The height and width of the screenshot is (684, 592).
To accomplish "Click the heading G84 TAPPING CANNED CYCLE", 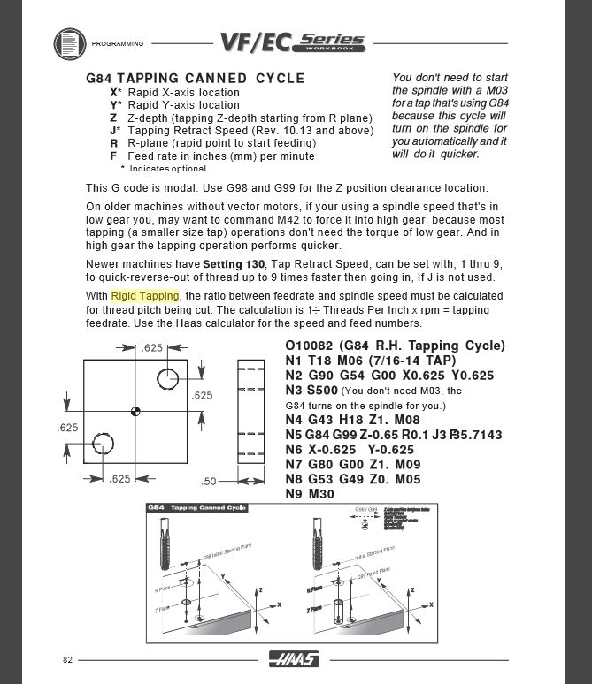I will (x=196, y=78).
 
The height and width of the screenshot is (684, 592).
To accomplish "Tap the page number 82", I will (x=67, y=660).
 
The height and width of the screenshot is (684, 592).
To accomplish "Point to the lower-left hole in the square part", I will (x=102, y=443).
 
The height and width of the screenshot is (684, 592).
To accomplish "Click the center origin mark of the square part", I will (x=135, y=410).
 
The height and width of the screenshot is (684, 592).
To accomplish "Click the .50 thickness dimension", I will (x=209, y=481).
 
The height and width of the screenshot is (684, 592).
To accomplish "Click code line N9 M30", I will (x=310, y=494).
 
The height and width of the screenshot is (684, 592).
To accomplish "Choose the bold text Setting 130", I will (x=234, y=264).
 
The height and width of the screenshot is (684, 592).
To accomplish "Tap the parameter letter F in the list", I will (x=113, y=156).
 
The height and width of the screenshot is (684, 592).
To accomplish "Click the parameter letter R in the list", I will (x=113, y=142).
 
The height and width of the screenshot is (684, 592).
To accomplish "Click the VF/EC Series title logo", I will (x=292, y=42).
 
